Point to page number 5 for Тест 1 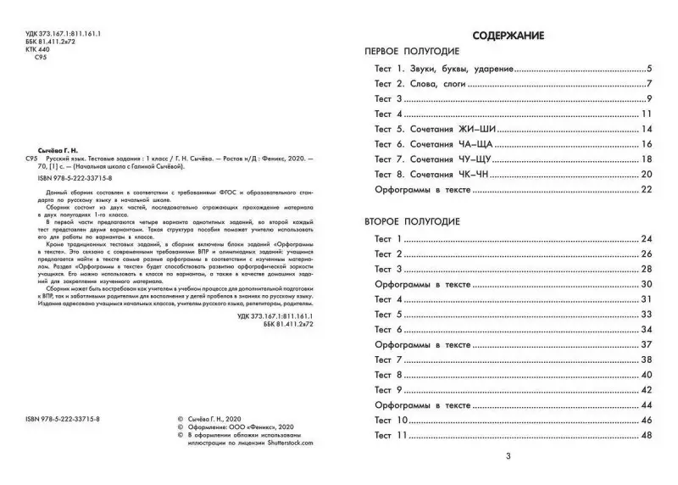648,69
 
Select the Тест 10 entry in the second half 392,421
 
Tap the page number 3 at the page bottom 508,458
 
